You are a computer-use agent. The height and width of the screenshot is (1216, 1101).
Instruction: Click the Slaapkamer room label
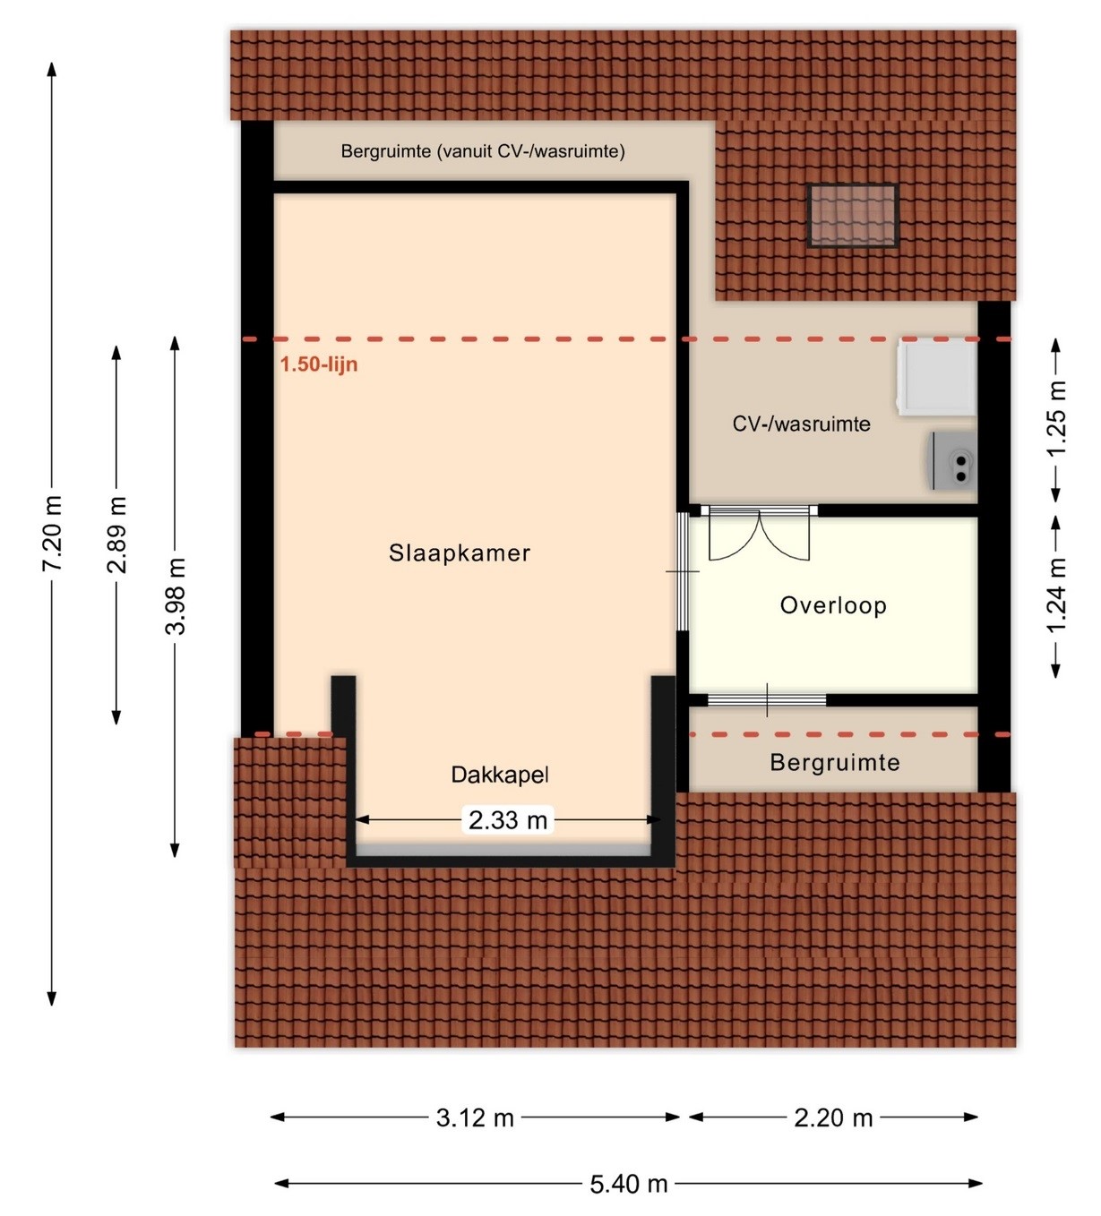coord(460,552)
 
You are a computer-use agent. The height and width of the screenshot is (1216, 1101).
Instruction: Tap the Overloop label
coord(833,605)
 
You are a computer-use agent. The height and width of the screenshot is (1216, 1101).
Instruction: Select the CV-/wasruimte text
coord(801,424)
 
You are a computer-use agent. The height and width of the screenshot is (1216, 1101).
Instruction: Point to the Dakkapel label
coord(499,775)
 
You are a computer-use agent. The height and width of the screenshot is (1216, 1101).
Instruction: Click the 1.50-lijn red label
coord(318,364)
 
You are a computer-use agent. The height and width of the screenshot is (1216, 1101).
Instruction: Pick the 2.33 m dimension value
coord(508,821)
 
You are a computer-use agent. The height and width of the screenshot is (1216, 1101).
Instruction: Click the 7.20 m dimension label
coord(52,533)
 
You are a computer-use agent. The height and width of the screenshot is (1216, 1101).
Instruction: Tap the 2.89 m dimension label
coord(116,535)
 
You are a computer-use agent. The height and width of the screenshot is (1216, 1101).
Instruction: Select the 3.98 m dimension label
coord(176,596)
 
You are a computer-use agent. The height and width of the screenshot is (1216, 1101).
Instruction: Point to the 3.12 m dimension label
coord(475,1118)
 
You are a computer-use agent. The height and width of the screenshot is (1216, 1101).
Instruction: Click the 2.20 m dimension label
coord(833,1118)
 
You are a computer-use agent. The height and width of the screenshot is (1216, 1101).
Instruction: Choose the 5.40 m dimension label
coord(629,1184)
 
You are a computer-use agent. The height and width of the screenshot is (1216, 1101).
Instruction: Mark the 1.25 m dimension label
coord(1056,418)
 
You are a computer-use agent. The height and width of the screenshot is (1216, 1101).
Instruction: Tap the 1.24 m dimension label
coord(1056,595)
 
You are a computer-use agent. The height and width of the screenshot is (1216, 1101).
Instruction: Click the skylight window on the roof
coord(852,216)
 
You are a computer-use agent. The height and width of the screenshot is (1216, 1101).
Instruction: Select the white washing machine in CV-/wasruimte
coord(937,377)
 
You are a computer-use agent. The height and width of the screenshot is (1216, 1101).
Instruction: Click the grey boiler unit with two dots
coord(953,460)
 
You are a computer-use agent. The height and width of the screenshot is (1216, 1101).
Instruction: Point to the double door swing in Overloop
coord(759,535)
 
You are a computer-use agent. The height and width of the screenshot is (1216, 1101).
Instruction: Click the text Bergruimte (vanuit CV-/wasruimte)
coord(483,151)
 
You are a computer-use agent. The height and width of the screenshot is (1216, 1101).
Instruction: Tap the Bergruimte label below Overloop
coord(835,763)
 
